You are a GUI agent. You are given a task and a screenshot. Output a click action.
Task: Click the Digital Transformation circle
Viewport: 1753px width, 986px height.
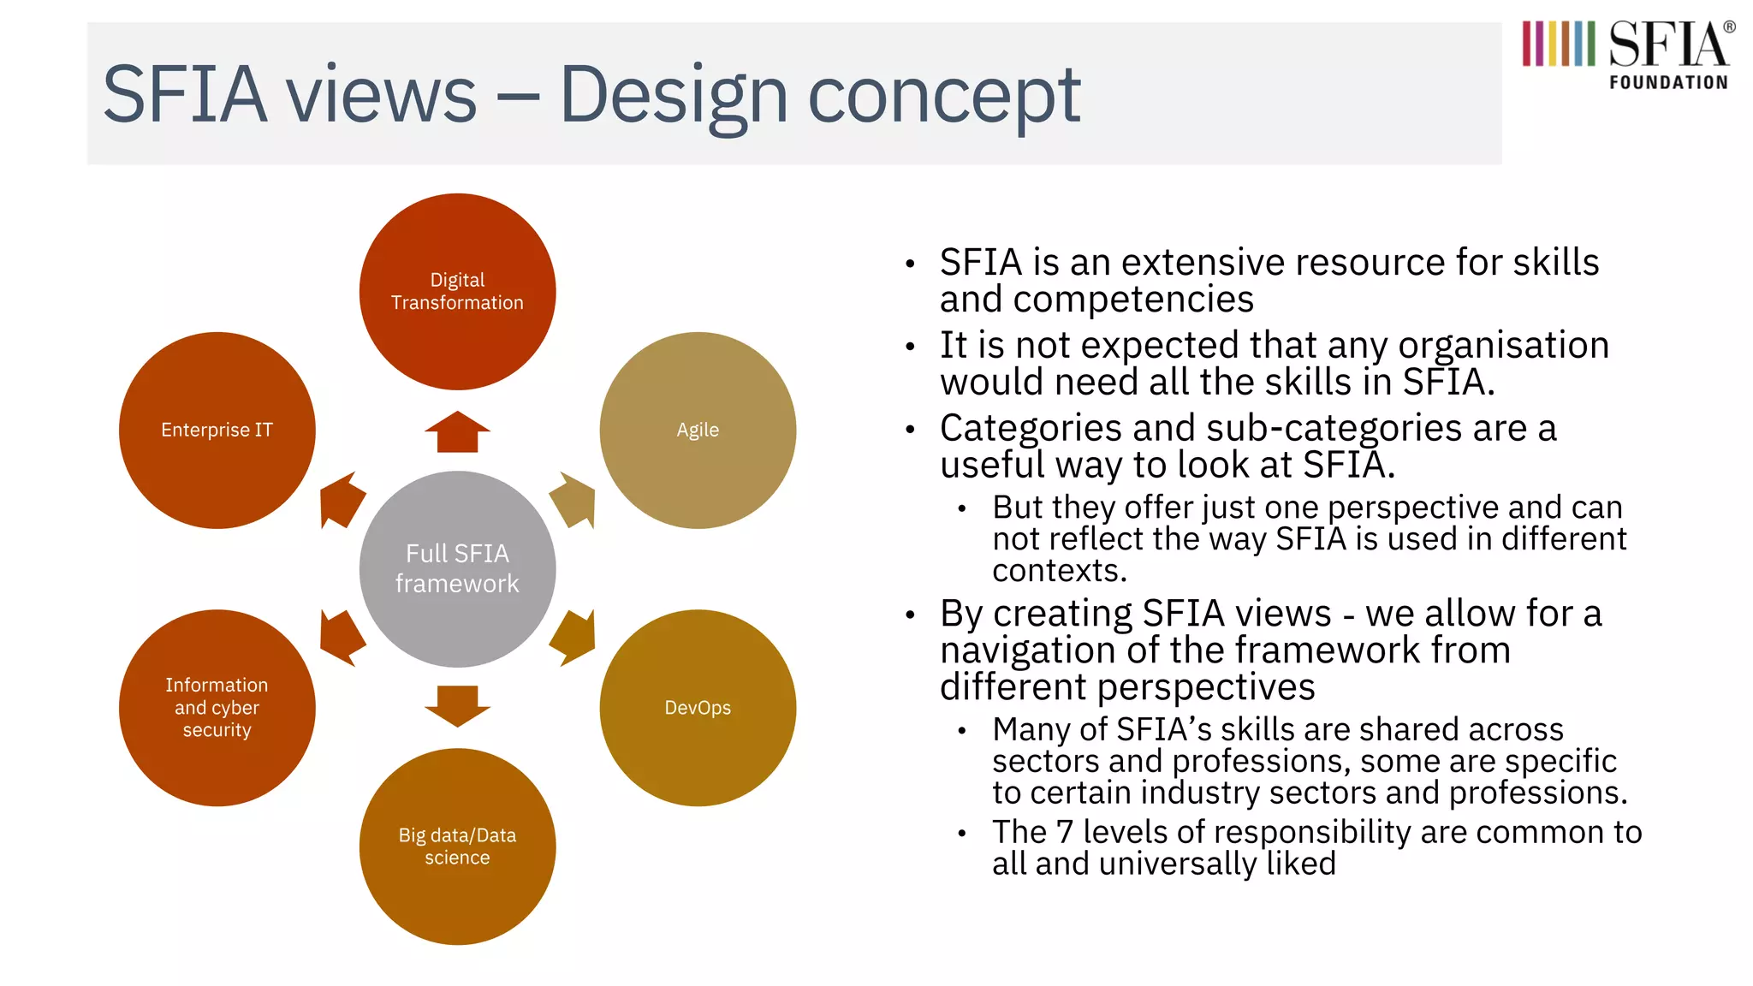[x=457, y=292]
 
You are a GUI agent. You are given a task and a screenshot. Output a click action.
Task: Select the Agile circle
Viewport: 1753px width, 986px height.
[x=698, y=430]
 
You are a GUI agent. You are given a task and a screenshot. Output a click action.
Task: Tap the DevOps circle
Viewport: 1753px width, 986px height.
[x=698, y=708]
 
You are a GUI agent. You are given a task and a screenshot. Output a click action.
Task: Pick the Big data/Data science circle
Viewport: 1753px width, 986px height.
[x=457, y=846]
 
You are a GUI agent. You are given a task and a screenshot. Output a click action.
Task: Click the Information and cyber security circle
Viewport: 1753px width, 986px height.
[x=217, y=708]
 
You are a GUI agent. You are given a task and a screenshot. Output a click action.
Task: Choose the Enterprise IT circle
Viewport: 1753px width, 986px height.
[x=217, y=430]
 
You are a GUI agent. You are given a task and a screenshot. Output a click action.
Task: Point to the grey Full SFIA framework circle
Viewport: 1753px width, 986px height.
[x=457, y=568]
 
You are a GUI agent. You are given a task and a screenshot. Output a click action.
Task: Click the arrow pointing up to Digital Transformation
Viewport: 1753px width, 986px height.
[x=457, y=432]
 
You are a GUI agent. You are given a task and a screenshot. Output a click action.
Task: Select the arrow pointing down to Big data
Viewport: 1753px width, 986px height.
[x=457, y=705]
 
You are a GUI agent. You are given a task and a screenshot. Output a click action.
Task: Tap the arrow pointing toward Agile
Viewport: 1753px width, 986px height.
[x=574, y=501]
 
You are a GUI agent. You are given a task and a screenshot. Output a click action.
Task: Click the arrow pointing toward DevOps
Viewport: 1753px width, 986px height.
[x=574, y=638]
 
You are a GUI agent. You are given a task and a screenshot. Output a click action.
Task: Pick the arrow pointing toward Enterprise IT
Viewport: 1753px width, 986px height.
[x=341, y=501]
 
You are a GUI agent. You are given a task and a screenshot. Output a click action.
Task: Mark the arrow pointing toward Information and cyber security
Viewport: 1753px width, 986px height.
[x=341, y=638]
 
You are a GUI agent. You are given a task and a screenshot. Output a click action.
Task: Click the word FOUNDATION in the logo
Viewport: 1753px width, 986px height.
[x=1668, y=83]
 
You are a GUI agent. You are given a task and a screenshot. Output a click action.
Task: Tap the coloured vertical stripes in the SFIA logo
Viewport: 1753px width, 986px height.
[x=1558, y=44]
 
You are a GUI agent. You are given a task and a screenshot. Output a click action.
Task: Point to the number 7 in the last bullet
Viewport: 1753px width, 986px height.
[x=1064, y=832]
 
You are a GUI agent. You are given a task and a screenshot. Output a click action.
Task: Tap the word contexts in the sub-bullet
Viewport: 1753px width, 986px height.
[x=1060, y=571]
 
